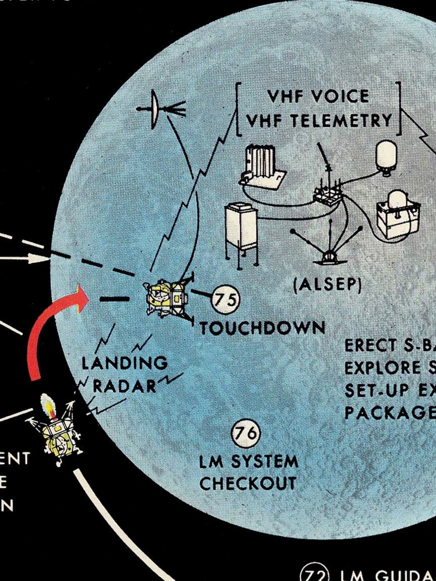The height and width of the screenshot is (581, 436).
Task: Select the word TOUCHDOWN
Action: pos(262,328)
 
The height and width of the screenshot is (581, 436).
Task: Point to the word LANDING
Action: pos(125,363)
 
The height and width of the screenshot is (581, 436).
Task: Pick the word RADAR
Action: pos(125,386)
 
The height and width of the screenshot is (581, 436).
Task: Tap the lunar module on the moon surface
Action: pos(166,299)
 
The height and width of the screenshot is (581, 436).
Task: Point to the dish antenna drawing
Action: pos(155,108)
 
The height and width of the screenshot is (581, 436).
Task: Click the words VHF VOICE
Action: pos(318,96)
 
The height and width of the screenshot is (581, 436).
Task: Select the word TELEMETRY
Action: pos(348,121)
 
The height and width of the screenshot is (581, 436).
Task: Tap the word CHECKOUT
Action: pos(248,483)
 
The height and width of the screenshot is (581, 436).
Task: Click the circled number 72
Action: pos(314,574)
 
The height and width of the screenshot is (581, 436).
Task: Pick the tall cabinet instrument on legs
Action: pos(242,232)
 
